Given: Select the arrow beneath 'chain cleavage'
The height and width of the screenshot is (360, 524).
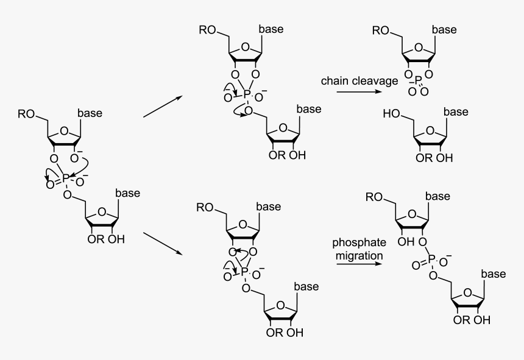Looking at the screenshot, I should click(x=360, y=93).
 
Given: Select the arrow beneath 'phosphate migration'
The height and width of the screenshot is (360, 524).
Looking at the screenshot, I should click(x=359, y=266).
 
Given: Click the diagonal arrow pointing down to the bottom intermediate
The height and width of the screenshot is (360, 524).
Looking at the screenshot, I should click(x=163, y=244).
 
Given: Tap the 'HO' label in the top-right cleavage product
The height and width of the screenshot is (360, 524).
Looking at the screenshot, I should click(x=391, y=113).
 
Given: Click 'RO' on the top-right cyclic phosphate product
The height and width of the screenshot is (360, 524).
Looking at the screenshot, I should click(x=381, y=30).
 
